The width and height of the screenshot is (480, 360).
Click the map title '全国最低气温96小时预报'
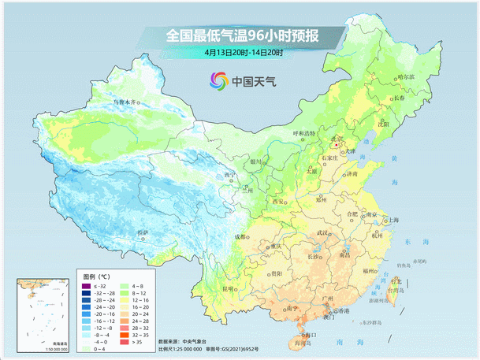click(x=243, y=36)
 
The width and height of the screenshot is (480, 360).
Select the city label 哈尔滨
click(x=405, y=76)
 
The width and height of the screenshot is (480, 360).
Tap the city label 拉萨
click(x=142, y=232)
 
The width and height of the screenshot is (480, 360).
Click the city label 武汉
click(x=321, y=233)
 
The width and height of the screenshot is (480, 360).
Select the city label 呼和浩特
click(x=303, y=133)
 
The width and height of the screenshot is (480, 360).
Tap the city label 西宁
click(x=229, y=175)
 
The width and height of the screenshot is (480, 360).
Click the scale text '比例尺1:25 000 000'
click(x=186, y=349)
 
